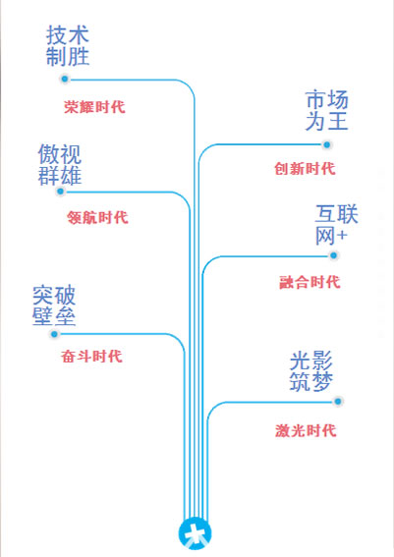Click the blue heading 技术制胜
68,45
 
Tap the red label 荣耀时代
94,107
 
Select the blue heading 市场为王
327,110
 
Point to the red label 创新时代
305,168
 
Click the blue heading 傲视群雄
60,164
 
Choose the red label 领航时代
97,217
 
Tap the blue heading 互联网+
336,225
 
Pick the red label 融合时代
310,282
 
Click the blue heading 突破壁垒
54,306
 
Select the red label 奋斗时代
91,357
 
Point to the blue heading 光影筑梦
311,371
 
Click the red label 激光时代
306,430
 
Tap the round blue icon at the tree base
196,533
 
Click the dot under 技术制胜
64,79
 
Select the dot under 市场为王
326,144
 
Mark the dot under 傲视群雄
60,192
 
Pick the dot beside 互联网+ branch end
333,255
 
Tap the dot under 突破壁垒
54,334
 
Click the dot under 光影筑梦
338,402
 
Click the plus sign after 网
342,236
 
